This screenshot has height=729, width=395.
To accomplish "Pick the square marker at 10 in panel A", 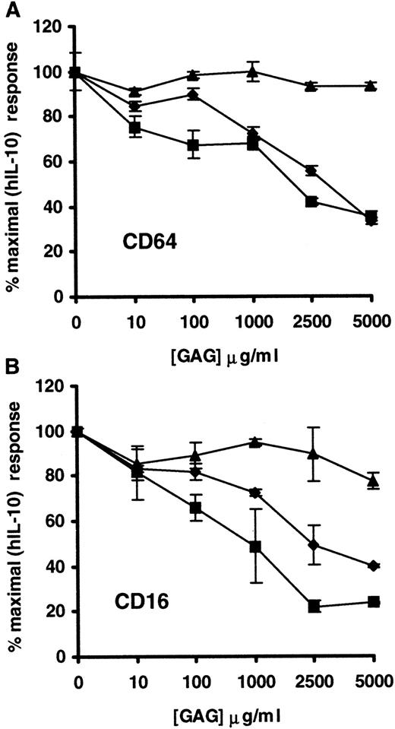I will [x=134, y=128].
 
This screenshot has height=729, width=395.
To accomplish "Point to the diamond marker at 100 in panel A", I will [x=193, y=95].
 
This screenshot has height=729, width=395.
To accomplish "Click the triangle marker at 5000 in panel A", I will [x=370, y=86].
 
